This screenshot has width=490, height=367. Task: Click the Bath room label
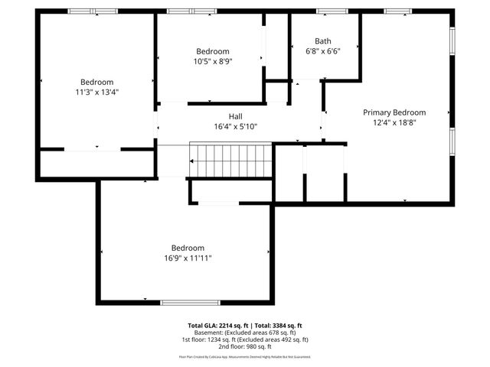323,41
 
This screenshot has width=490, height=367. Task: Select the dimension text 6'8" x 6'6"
323,51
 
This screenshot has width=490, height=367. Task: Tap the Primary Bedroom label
394,112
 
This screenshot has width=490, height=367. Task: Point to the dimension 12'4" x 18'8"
394,122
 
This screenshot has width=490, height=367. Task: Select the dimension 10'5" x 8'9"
212,61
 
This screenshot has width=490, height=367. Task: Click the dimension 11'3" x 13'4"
97,92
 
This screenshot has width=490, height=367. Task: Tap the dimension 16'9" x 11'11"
188,258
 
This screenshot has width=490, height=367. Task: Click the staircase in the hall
231,161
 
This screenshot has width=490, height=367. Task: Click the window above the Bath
332,11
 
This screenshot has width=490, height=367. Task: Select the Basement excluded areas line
245,333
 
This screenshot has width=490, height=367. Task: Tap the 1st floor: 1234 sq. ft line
245,339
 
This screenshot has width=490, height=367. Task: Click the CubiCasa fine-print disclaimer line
245,356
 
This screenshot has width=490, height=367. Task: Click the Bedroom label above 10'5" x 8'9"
212,51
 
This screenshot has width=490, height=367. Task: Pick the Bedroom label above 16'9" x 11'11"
188,248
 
